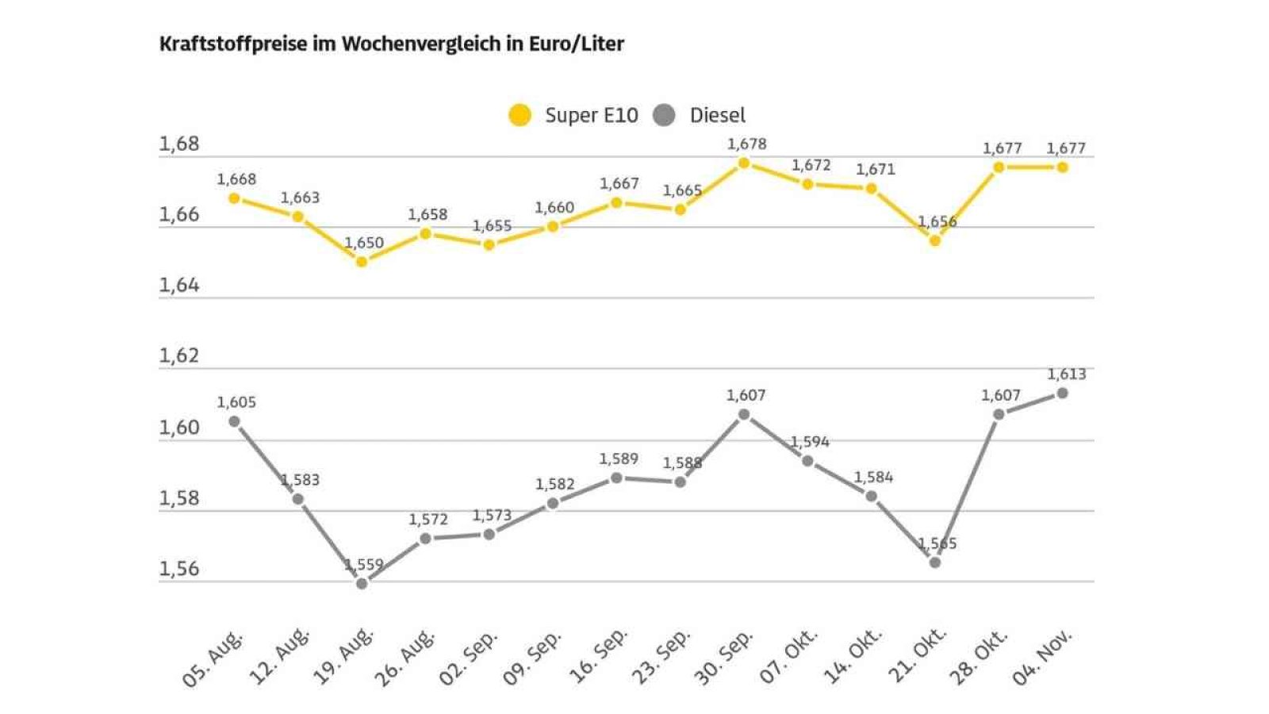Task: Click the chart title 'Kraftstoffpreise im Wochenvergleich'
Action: [x=391, y=44]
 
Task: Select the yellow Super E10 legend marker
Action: [x=519, y=116]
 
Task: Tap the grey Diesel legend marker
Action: [x=664, y=116]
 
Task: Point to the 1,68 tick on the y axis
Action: [x=179, y=144]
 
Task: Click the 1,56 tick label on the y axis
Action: [x=179, y=569]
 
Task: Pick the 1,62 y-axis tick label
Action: [x=179, y=356]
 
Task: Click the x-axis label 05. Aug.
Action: [x=213, y=659]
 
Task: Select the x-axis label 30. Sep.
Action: [x=723, y=658]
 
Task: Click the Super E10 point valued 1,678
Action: [x=744, y=163]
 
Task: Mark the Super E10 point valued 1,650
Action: [x=362, y=261]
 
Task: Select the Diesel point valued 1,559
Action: [x=362, y=583]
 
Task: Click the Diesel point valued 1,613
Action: [x=1063, y=393]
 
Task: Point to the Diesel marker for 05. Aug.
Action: [x=234, y=421]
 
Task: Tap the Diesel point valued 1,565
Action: [x=935, y=562]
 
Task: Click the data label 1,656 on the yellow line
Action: [x=937, y=222]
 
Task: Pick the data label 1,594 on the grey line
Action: [x=810, y=442]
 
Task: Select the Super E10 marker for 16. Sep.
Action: [x=616, y=202]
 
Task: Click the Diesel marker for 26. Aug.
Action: [x=425, y=539]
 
